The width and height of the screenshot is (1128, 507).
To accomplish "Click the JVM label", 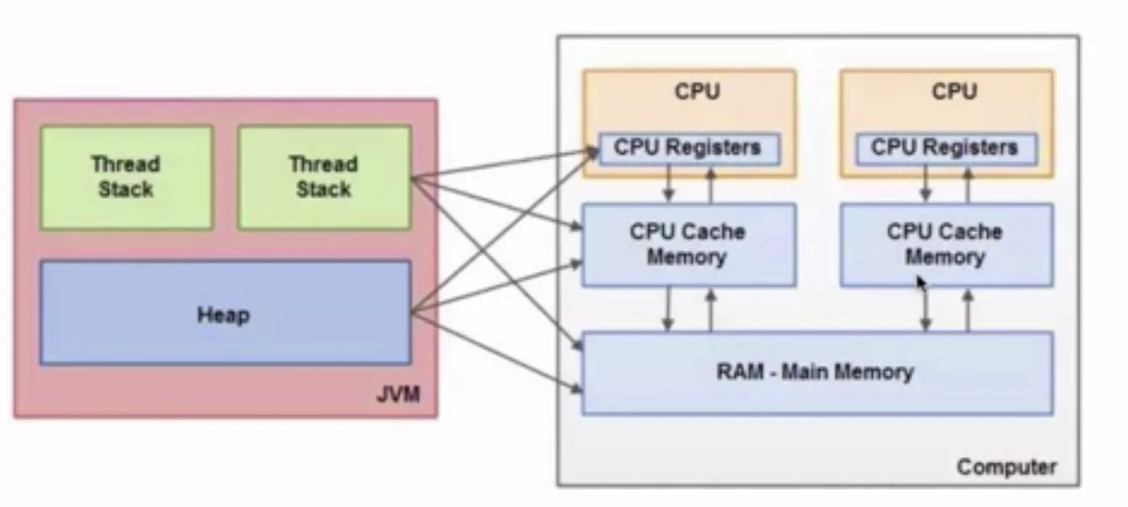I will tap(397, 396).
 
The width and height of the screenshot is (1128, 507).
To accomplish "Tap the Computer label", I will tap(1006, 467).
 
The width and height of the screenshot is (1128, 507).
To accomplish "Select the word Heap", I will tap(223, 314).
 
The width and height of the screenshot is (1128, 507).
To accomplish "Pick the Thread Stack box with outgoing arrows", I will tap(324, 177).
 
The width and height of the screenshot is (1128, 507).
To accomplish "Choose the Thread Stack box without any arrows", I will tap(126, 177).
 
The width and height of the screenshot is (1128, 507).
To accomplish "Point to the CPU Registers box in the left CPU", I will tap(689, 148).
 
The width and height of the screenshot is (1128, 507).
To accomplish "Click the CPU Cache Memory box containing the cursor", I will tap(946, 245).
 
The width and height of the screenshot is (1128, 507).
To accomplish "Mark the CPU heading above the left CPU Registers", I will tap(698, 92).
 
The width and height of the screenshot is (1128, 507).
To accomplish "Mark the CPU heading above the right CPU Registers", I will tap(954, 92).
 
